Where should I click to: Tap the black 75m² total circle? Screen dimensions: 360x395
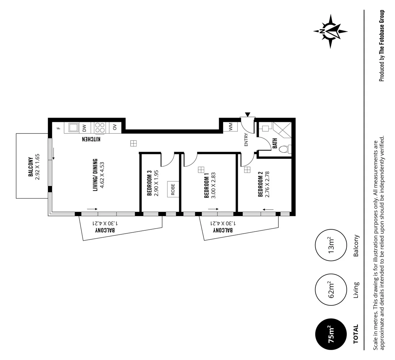pyautogui.click(x=329, y=334)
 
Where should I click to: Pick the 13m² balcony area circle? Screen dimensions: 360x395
pyautogui.click(x=329, y=246)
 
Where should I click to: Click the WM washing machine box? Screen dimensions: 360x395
pyautogui.click(x=230, y=127)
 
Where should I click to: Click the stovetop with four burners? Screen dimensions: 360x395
pyautogui.click(x=100, y=127)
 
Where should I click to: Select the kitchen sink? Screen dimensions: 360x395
pyautogui.click(x=73, y=127)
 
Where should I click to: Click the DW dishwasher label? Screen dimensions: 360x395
pyautogui.click(x=84, y=127)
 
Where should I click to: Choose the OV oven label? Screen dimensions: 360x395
pyautogui.click(x=115, y=127)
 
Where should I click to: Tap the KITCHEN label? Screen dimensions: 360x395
pyautogui.click(x=91, y=139)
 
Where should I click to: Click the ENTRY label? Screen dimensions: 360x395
pyautogui.click(x=246, y=140)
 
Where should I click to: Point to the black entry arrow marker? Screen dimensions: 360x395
pyautogui.click(x=247, y=114)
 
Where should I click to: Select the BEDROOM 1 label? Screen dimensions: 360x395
pyautogui.click(x=207, y=185)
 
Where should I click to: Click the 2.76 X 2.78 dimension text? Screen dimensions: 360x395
pyautogui.click(x=267, y=184)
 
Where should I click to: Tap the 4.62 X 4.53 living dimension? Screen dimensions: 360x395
pyautogui.click(x=103, y=175)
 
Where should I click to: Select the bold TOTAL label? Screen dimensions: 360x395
pyautogui.click(x=356, y=334)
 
